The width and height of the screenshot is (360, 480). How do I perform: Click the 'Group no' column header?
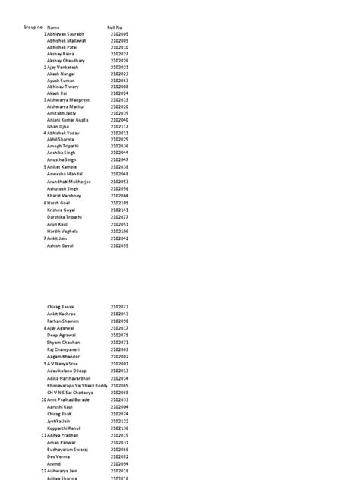pos(33,27)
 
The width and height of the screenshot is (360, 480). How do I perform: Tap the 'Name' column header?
pos(54,27)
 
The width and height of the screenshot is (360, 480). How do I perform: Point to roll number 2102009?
pos(119,40)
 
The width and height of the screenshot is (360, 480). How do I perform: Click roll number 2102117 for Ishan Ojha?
pos(119,126)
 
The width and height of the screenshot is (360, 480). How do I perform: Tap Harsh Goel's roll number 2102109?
pos(119,203)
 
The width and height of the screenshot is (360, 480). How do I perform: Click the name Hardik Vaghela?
pos(63,232)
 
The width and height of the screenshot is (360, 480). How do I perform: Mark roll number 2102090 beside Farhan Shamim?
pos(119,321)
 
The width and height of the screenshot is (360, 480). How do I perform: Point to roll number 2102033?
pos(119,399)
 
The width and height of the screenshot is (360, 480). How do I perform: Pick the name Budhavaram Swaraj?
pos(68,449)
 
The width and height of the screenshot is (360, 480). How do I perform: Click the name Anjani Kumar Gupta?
pos(68,119)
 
